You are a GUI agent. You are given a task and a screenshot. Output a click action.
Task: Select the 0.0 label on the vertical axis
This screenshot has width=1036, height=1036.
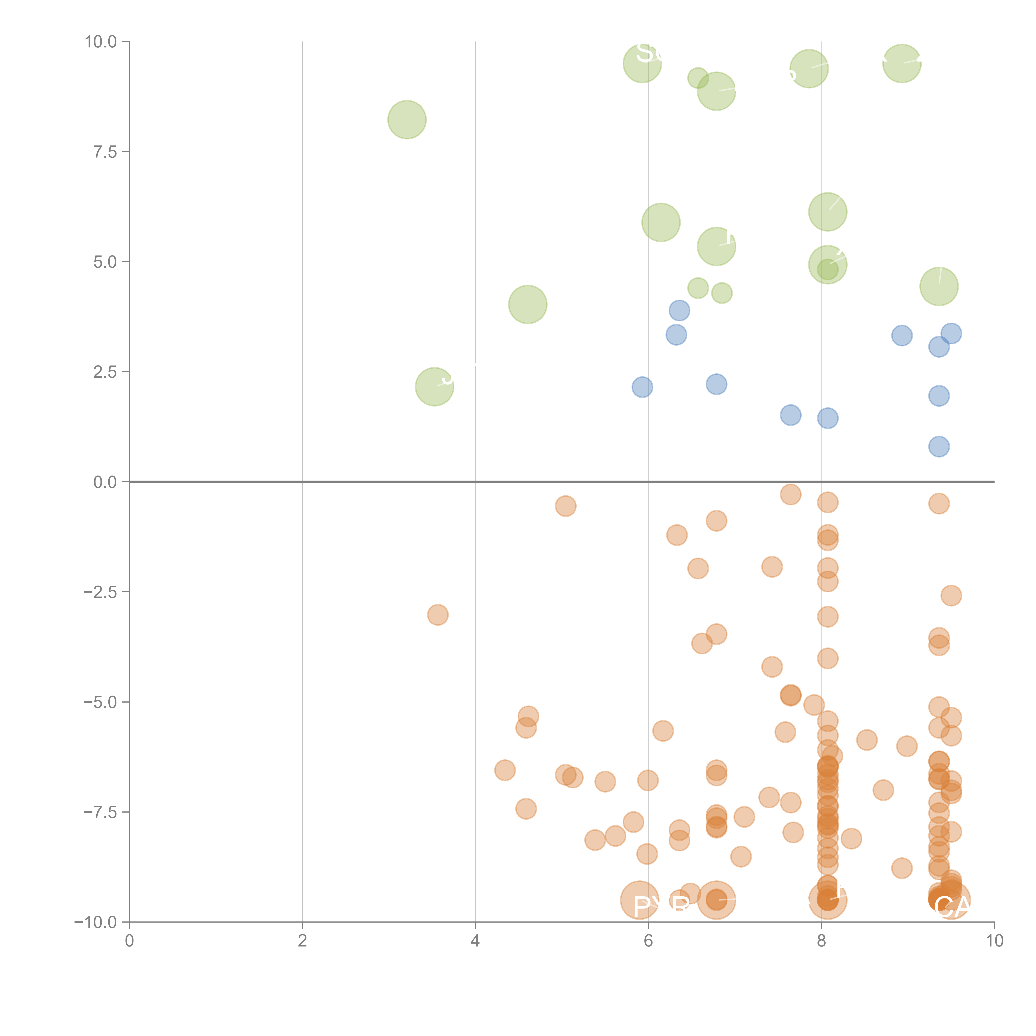tap(105, 482)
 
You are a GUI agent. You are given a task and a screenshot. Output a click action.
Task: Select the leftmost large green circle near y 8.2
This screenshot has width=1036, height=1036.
tap(407, 120)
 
